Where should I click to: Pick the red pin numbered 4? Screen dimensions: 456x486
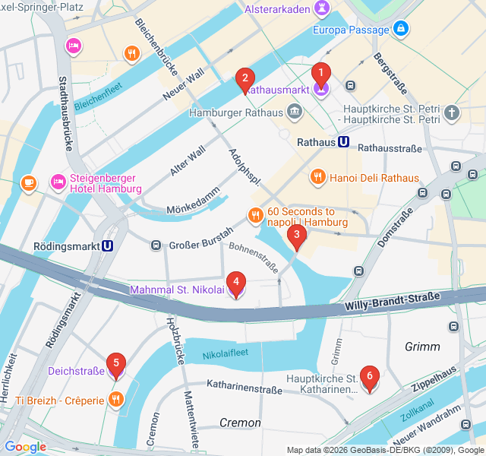pos(236,284)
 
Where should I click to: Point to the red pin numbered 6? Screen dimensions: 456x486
pos(369,377)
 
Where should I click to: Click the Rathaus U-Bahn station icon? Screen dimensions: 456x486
pos(344,142)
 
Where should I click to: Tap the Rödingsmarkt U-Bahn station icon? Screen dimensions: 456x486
pos(108,245)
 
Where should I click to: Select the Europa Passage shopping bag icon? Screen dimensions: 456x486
pos(401,30)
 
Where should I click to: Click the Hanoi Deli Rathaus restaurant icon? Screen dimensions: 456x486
pos(317,178)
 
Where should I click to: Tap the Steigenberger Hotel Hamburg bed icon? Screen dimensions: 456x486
pos(58,182)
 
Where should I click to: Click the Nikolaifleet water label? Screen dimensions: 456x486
pos(226,354)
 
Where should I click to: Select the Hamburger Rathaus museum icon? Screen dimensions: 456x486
pos(295,112)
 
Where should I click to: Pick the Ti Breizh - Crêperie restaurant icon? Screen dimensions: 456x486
pos(115,400)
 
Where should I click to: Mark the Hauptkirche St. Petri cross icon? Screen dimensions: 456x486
pos(452,113)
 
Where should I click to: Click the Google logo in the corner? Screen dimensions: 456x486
pos(25,447)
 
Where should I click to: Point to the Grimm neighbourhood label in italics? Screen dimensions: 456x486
pos(422,347)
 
